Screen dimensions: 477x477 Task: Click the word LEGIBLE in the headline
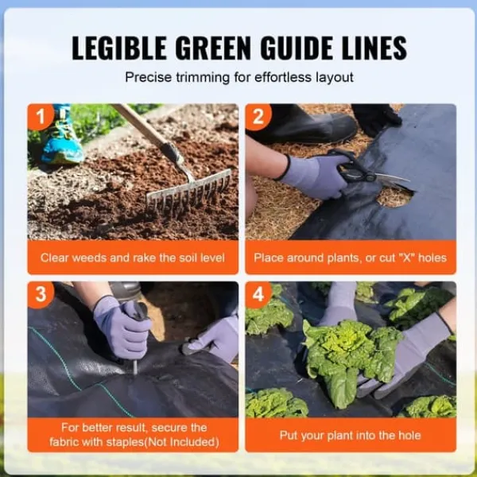[118, 48]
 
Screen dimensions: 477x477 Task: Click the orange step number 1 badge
[41, 117]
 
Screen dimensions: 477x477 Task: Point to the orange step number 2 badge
[258, 117]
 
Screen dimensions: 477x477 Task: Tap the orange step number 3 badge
[41, 294]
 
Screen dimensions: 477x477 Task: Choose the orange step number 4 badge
[258, 294]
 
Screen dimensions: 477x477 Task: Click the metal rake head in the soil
[188, 192]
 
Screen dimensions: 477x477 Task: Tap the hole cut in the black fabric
[394, 198]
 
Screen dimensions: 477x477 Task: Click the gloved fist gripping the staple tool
[123, 328]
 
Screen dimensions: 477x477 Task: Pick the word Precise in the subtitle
[149, 77]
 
